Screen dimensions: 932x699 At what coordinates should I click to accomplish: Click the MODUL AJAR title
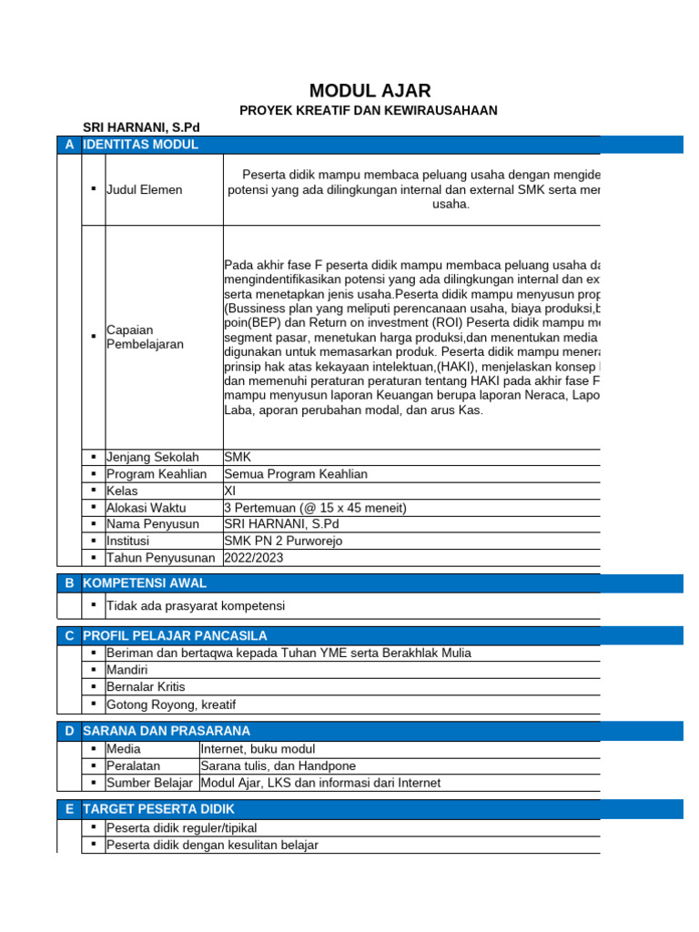(x=370, y=90)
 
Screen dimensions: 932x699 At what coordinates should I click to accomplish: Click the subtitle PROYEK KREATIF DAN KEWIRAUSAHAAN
(x=369, y=111)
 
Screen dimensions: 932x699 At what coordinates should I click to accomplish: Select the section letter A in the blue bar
(x=69, y=145)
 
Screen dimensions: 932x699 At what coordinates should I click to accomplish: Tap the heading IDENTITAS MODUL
(x=140, y=145)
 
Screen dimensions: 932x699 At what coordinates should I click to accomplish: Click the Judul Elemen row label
(x=144, y=189)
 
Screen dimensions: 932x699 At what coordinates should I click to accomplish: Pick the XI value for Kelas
(x=229, y=491)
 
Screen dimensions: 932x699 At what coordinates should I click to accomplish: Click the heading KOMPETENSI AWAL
(x=145, y=582)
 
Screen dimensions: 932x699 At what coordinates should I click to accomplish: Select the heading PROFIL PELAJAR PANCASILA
(x=175, y=635)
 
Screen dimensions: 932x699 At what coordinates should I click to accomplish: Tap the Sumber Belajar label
(x=149, y=783)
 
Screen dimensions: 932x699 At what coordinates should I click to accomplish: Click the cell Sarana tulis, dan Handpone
(x=278, y=765)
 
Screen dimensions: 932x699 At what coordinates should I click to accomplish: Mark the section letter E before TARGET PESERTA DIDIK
(x=69, y=808)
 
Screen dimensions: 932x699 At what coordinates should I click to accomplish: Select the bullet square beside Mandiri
(x=94, y=670)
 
